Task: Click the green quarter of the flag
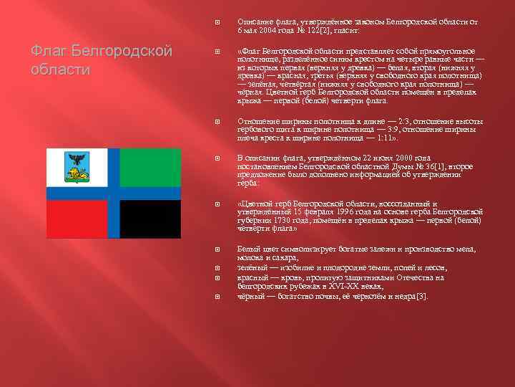coord(150,167)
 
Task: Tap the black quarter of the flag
coord(150,219)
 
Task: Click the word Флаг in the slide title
coord(46,52)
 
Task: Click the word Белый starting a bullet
coord(250,249)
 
